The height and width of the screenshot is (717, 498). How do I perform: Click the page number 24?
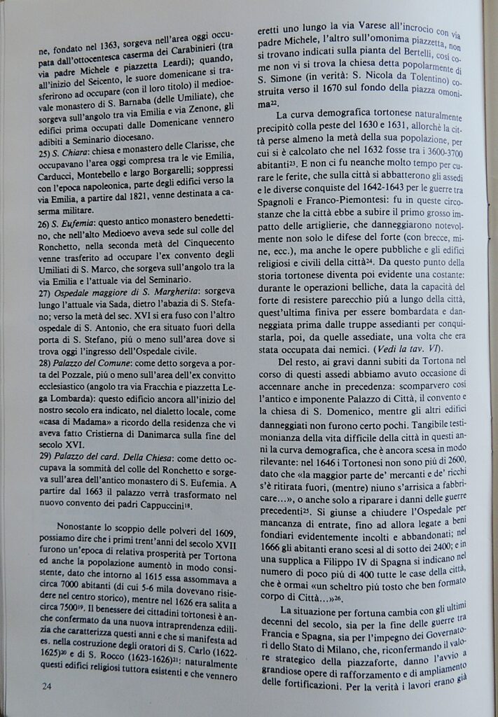[47, 686]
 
